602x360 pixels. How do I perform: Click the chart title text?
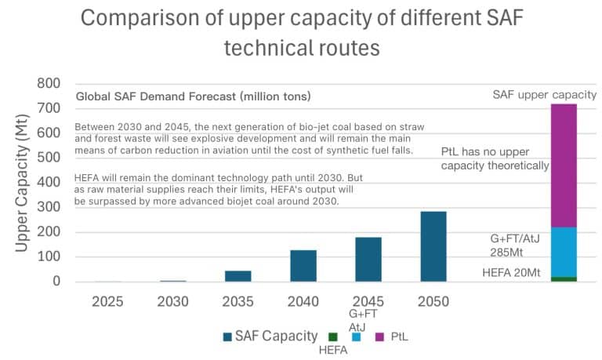pos(301,31)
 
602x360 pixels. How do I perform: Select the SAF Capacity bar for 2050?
pos(433,246)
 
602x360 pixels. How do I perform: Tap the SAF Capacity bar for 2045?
pos(368,260)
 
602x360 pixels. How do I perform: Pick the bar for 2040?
pos(303,266)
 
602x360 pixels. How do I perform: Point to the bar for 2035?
pos(238,276)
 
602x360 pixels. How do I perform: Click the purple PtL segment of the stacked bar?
pos(564,165)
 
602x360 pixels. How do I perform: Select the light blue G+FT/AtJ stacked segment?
pos(564,252)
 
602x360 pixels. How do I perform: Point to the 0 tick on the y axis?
pos(56,282)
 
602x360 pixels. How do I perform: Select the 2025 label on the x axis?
pos(107,300)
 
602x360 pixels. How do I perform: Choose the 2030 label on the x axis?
pos(172,300)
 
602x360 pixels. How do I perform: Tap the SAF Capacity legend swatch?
pos(227,336)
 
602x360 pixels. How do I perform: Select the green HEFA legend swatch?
pos(333,336)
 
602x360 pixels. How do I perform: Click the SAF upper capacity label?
pos(544,94)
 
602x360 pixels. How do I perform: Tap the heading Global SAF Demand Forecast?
pos(193,97)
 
